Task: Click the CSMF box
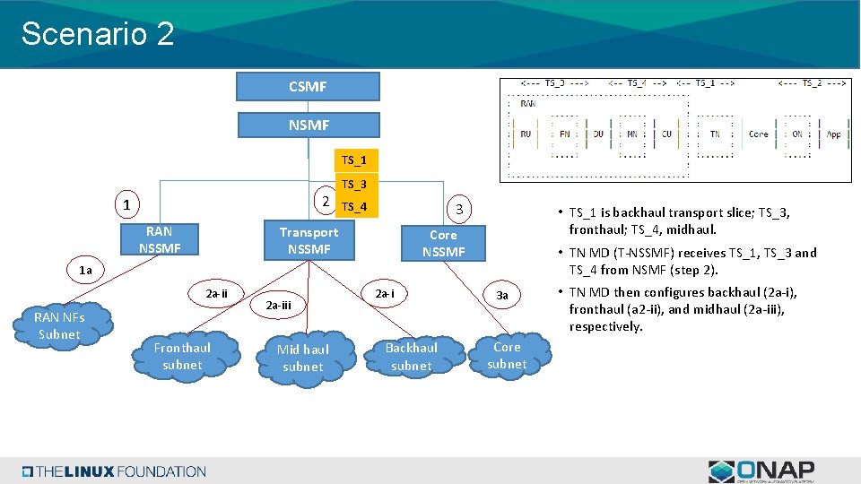click(x=308, y=87)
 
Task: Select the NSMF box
click(x=308, y=125)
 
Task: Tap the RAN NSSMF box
click(x=159, y=239)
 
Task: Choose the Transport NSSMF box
click(x=309, y=240)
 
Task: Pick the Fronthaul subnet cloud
click(x=182, y=356)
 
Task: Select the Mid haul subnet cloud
click(x=302, y=358)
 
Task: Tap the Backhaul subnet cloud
click(x=412, y=356)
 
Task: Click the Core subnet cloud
click(x=507, y=355)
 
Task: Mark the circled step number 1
click(x=127, y=205)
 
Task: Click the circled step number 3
click(x=458, y=209)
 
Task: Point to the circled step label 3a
click(x=502, y=295)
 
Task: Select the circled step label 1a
click(x=85, y=270)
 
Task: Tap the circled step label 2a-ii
click(x=217, y=293)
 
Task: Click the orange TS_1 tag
click(x=354, y=160)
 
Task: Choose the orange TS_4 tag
click(x=354, y=208)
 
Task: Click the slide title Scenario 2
click(x=98, y=34)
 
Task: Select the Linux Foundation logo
click(x=115, y=471)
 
